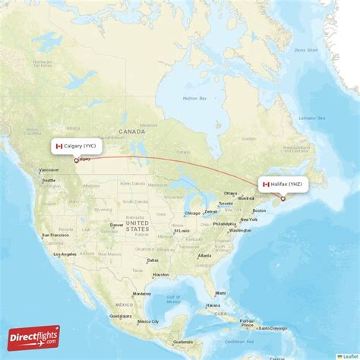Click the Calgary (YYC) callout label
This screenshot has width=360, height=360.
(76, 146)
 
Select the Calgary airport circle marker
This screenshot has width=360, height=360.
(75, 159)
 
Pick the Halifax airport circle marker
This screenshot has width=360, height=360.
(283, 199)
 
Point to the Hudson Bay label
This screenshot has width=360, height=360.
(195, 99)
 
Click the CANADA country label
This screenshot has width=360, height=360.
(131, 131)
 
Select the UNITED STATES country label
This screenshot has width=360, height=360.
(137, 225)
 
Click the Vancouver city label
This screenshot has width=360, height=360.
(49, 169)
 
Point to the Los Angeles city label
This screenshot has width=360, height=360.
(64, 254)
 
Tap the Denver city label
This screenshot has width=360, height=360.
(116, 225)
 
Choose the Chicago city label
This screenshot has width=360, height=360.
(191, 213)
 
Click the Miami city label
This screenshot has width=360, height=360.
(220, 292)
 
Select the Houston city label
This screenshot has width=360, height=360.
(160, 273)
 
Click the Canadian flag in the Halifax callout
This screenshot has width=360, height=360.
(266, 185)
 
